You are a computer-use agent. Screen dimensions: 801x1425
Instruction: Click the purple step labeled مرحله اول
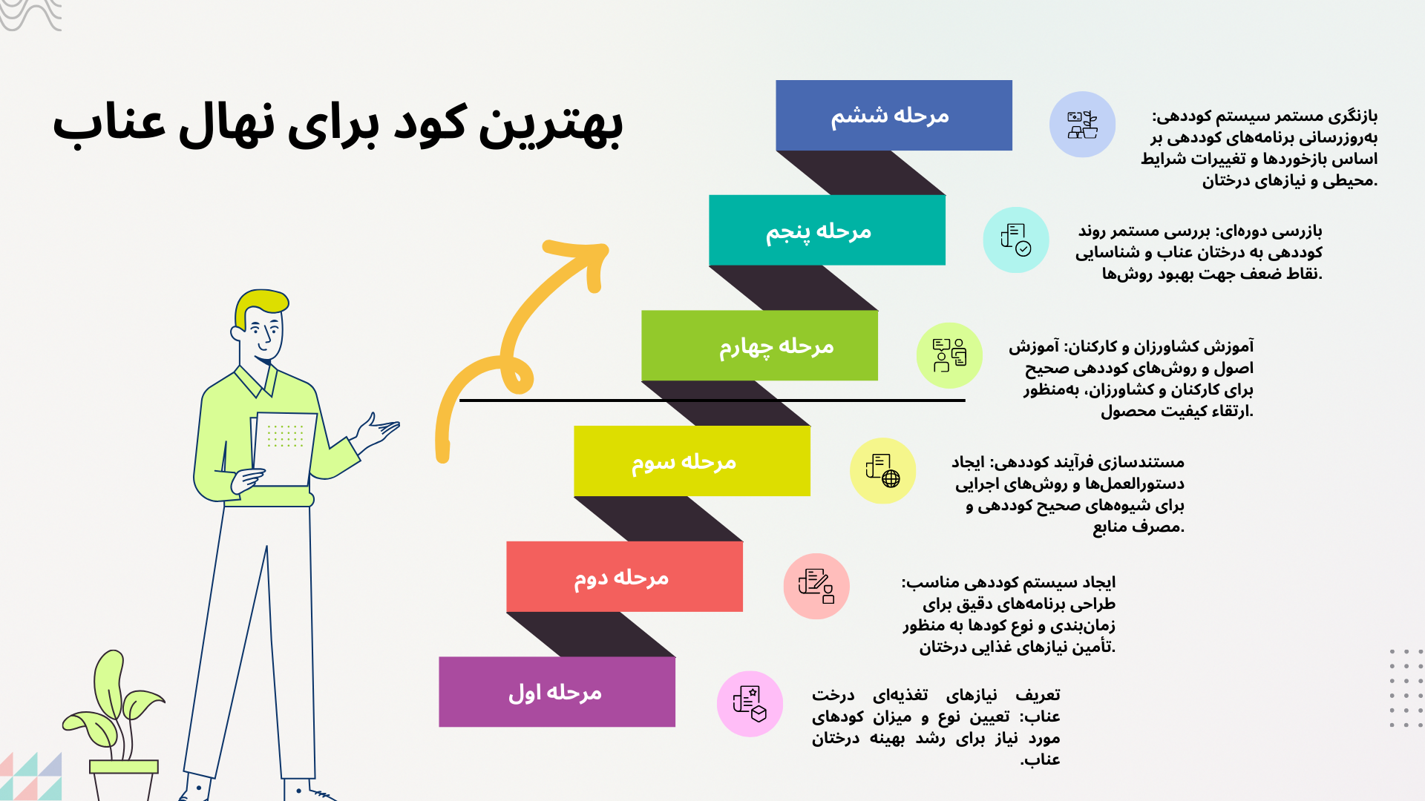click(x=557, y=692)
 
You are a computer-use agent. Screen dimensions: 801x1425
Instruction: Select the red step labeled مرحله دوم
click(x=624, y=576)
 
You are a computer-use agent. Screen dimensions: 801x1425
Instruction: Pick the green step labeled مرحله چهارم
click(x=759, y=346)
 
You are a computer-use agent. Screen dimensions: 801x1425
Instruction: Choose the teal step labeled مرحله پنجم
click(x=827, y=230)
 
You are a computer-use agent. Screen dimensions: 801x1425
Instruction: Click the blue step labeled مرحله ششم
click(x=894, y=115)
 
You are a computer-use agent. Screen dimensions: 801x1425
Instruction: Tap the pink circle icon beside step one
click(x=750, y=704)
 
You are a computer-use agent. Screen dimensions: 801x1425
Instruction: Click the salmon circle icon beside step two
click(x=816, y=586)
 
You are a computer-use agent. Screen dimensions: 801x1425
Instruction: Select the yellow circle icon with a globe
click(x=882, y=471)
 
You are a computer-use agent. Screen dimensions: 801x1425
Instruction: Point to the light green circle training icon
click(x=949, y=355)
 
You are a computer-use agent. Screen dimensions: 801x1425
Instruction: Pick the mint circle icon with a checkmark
click(x=1015, y=240)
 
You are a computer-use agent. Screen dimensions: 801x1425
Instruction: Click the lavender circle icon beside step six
click(x=1082, y=125)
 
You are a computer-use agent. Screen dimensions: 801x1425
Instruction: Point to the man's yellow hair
click(x=260, y=302)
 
